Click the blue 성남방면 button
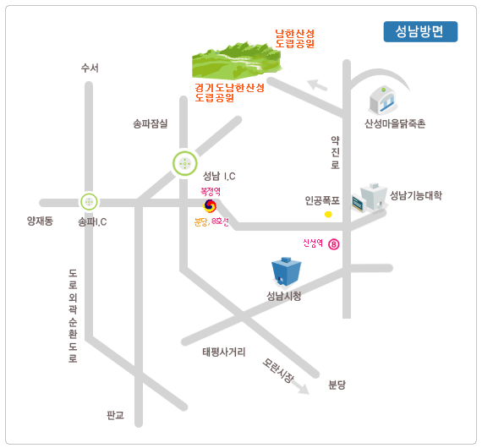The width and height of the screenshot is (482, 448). (x=420, y=31)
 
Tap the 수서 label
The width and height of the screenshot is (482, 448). (x=90, y=68)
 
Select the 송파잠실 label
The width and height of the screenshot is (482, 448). (x=150, y=123)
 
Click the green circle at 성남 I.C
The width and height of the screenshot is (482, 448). (x=184, y=164)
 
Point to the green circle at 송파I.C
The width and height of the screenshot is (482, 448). (x=89, y=202)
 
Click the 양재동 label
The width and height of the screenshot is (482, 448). (x=40, y=221)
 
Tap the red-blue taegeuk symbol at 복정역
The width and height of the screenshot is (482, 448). (x=210, y=206)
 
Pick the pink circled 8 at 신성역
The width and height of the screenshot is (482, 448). (x=334, y=244)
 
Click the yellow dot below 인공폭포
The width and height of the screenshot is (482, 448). (x=328, y=214)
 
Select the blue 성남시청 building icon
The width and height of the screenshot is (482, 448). (x=286, y=271)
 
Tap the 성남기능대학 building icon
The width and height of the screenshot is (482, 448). (x=370, y=198)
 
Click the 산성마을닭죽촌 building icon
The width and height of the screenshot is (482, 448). (x=383, y=99)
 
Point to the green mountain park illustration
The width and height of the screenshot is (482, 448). (x=237, y=61)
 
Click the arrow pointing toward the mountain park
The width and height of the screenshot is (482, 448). (x=317, y=85)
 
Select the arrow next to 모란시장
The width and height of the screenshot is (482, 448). (x=300, y=388)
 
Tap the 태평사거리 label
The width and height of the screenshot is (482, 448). (x=224, y=352)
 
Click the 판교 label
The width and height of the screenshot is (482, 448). (x=115, y=415)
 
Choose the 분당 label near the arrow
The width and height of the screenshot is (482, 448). (x=337, y=385)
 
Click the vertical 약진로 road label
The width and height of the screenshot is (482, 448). (x=336, y=153)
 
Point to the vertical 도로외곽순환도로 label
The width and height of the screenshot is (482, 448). (x=73, y=316)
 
